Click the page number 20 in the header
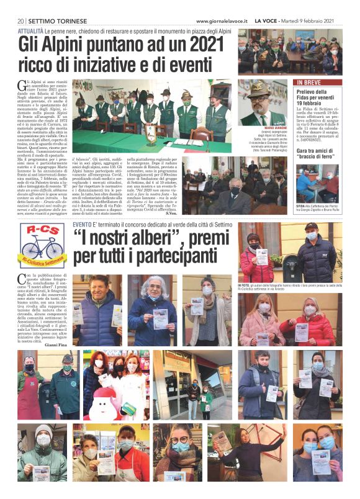click(x=20, y=20)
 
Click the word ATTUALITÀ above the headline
click(x=31, y=30)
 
